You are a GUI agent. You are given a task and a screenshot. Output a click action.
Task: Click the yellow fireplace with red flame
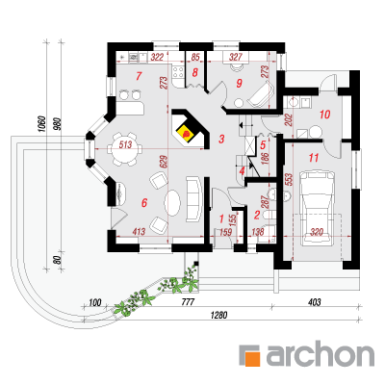186,133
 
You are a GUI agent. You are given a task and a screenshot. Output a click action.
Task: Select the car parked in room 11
317,208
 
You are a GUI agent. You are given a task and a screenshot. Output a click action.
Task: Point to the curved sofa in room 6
193,198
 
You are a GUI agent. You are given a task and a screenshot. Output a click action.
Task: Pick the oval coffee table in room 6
172,203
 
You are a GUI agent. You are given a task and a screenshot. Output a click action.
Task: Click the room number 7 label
139,76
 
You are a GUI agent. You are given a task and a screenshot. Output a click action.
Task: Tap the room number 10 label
325,115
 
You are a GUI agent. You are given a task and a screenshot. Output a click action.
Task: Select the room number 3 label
221,140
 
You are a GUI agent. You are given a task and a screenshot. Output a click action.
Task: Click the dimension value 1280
218,315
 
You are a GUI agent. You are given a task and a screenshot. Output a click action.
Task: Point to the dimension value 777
187,302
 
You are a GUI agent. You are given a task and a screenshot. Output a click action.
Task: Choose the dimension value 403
314,302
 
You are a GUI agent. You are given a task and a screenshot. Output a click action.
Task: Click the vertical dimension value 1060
41,124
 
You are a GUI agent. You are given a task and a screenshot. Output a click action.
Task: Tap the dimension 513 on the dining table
125,144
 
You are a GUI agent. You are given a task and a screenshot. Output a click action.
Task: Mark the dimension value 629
163,164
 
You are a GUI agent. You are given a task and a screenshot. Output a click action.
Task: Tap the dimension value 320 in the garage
317,232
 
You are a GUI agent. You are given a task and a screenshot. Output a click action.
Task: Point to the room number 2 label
256,215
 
